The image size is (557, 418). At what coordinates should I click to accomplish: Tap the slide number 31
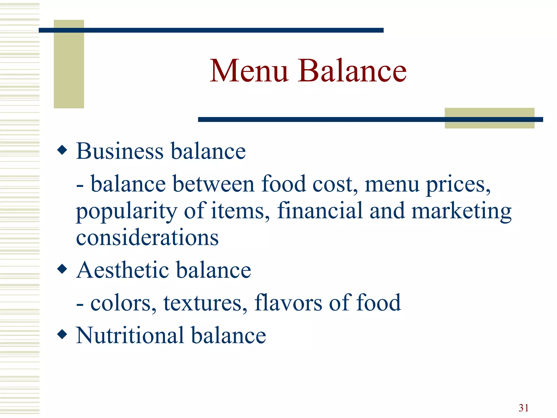click(x=524, y=408)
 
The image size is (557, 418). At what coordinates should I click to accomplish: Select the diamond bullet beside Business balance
click(x=62, y=150)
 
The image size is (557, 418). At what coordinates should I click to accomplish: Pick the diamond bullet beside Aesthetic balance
click(x=62, y=269)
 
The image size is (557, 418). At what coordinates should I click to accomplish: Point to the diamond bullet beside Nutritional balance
click(x=62, y=334)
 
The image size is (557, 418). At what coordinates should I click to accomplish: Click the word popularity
click(x=126, y=211)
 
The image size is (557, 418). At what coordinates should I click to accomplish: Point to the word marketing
click(x=461, y=211)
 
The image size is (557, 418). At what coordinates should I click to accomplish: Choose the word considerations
click(x=147, y=237)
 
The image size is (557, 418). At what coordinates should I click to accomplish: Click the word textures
click(x=205, y=303)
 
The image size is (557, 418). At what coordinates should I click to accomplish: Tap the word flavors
click(x=288, y=303)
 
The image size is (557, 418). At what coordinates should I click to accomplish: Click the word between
click(x=213, y=184)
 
